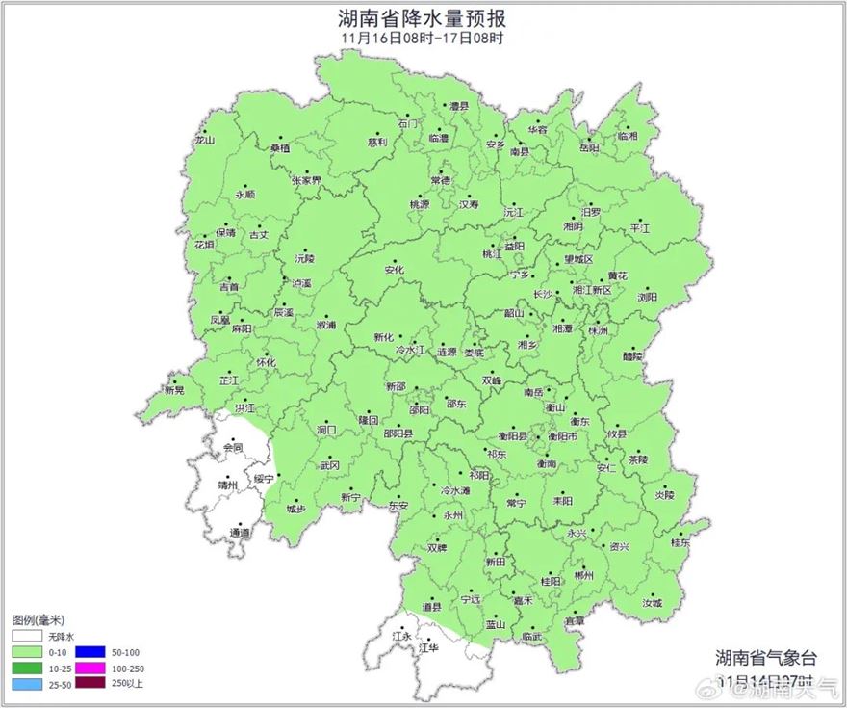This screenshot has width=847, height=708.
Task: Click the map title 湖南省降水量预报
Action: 423,17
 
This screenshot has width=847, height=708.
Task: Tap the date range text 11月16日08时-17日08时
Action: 423,39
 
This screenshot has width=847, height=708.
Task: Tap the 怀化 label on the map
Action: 266,363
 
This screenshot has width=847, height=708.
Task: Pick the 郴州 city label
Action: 583,575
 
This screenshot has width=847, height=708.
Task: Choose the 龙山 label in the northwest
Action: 204,141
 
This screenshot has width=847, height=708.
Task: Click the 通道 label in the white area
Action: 240,533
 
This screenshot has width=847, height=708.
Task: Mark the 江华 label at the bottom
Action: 429,648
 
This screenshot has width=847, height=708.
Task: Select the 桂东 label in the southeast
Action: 680,543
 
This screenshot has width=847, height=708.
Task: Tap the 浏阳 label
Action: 647,298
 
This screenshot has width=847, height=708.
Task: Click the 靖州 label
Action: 227,487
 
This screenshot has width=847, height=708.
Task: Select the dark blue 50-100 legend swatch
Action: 90,652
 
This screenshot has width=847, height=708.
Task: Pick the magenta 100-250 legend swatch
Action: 90,669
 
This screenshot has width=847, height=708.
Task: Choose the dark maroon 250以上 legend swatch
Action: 90,684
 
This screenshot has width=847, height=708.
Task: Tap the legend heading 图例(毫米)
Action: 38,620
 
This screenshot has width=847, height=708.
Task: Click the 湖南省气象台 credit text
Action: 765,659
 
